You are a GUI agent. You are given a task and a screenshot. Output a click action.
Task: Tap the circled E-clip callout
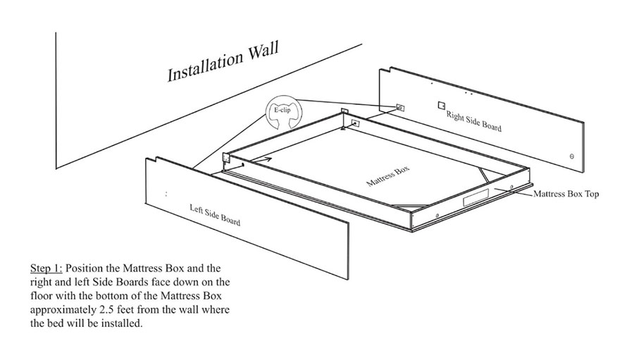pos(284,112)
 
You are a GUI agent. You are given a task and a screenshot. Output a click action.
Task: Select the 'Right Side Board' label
pos(474,121)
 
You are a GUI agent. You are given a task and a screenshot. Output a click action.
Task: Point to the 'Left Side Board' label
pos(215,214)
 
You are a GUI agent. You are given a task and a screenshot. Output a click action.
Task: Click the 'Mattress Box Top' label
pos(566,194)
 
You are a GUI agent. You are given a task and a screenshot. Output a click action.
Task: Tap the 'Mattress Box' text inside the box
pos(387,176)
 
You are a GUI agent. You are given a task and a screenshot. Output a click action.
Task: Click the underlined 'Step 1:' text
pos(46,268)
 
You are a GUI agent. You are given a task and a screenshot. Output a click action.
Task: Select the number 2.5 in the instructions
pos(108,310)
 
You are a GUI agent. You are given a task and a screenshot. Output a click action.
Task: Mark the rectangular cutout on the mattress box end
pos(475,199)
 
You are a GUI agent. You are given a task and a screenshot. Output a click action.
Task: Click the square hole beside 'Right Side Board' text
pos(442,105)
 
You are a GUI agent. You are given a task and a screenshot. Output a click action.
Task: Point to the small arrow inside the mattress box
pos(261,160)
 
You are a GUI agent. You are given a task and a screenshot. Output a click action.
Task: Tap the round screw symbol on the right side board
pos(572,156)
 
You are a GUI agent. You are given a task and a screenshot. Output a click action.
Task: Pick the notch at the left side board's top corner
pos(151,160)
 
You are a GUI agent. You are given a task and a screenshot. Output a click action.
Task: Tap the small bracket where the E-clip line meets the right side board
pos(400,108)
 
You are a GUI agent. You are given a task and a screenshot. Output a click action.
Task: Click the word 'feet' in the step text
pos(128,310)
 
